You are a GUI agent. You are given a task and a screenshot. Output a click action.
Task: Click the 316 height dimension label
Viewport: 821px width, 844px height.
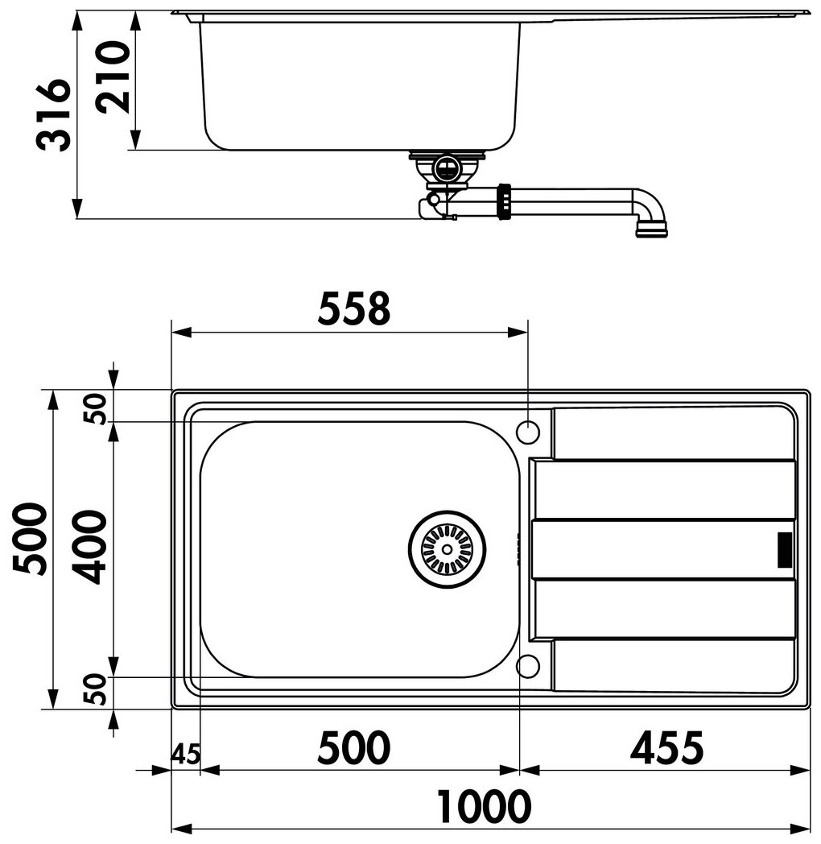tap(53, 114)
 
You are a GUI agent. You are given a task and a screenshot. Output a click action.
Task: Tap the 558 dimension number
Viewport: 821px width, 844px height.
tap(353, 309)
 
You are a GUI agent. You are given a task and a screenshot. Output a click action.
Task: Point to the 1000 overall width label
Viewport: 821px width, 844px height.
tap(483, 806)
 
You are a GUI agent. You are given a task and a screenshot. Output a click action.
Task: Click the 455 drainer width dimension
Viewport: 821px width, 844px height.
tap(666, 747)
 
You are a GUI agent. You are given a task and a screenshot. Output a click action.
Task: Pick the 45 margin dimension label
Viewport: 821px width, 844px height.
tap(185, 754)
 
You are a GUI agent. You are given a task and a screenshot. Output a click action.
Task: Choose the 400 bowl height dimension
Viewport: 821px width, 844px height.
tap(90, 548)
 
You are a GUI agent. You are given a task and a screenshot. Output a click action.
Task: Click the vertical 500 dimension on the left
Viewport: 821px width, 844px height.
tap(30, 539)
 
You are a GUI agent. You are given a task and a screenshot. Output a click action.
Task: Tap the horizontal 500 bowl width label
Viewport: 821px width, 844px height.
tap(353, 747)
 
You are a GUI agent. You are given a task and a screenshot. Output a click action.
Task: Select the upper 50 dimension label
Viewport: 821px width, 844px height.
tap(97, 409)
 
